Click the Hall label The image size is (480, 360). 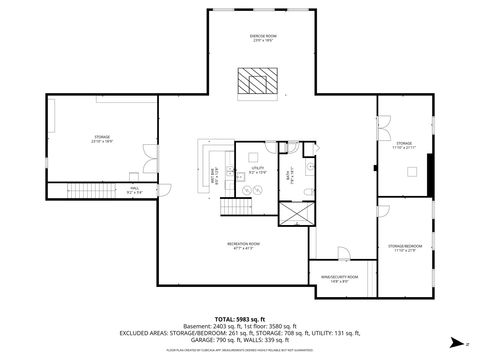click(x=134, y=188)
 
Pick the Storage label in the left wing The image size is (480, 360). click(x=102, y=138)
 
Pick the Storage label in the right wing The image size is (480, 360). click(x=403, y=145)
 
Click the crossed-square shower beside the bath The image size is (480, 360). click(x=295, y=214)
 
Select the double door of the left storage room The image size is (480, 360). click(x=150, y=154)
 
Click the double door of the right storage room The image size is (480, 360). click(x=382, y=127)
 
